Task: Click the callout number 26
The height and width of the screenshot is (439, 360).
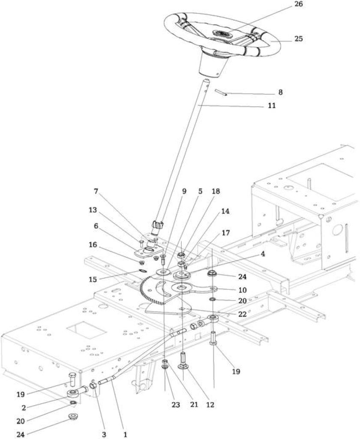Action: [299, 4]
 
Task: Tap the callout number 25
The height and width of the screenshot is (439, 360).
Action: [298, 39]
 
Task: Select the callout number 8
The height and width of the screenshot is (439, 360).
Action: [280, 92]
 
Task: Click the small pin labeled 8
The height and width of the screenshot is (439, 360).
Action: [221, 93]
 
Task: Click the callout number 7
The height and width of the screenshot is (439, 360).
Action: [96, 192]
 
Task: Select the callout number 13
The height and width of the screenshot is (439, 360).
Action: [93, 210]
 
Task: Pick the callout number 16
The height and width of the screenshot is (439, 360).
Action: [93, 245]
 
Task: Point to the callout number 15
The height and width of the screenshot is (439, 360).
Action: [93, 279]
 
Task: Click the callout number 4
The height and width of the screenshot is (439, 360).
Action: [262, 254]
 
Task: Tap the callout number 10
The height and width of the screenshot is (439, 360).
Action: [243, 290]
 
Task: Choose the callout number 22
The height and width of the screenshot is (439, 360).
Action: [243, 314]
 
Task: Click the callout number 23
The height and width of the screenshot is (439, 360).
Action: [176, 405]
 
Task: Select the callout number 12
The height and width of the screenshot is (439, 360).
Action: [210, 405]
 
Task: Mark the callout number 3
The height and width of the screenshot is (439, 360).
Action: [104, 434]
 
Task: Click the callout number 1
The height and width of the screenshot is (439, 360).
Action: [125, 434]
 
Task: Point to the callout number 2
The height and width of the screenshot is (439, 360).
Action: [24, 408]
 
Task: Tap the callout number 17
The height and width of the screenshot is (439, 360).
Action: [225, 233]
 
